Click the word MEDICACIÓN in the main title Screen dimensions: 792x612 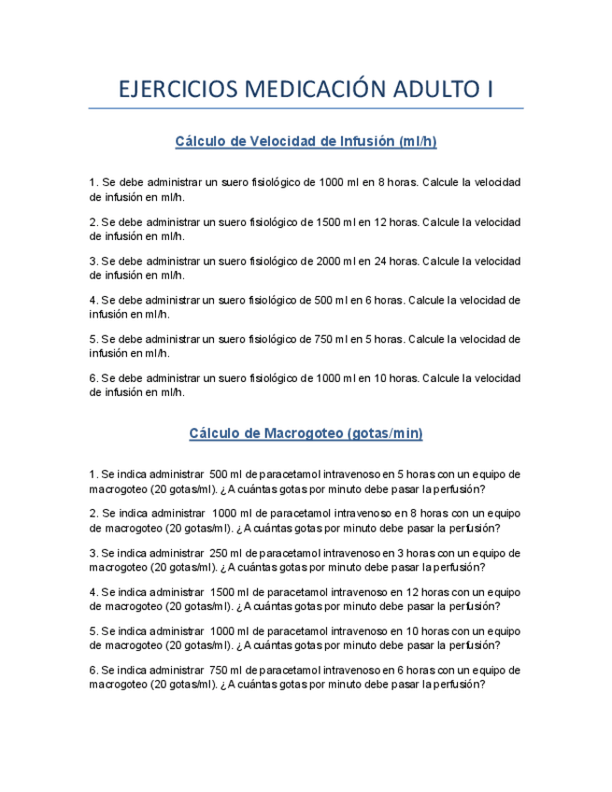pyautogui.click(x=300, y=90)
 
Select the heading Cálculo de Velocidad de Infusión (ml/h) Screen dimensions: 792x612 pyautogui.click(x=306, y=142)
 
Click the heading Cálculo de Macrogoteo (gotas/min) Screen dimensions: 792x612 pyautogui.click(x=306, y=433)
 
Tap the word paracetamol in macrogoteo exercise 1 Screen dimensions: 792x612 pyautogui.click(x=292, y=474)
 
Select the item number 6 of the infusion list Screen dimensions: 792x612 pyautogui.click(x=93, y=378)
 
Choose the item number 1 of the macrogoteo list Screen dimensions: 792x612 pyautogui.click(x=93, y=474)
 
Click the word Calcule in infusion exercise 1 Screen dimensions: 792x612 pyautogui.click(x=440, y=182)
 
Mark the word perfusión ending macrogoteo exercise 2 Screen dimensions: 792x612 pyautogui.click(x=472, y=528)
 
